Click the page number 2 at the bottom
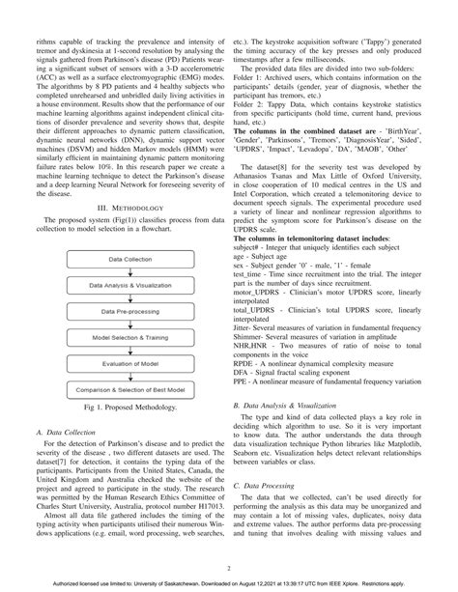(229, 568)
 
